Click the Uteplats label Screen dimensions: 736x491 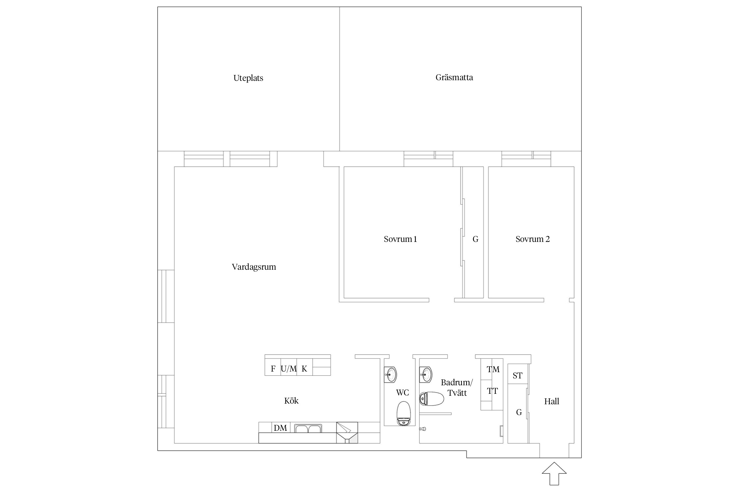pos(248,78)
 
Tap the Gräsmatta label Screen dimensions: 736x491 pos(454,78)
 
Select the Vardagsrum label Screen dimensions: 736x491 pos(254,267)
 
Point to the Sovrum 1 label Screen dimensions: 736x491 pos(400,239)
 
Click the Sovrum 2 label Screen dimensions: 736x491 pos(533,239)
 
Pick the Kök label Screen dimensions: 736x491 pos(291,401)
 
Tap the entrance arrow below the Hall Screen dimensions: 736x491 pos(554,473)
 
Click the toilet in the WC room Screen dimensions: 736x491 pos(404,414)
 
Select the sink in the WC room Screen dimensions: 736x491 pos(391,374)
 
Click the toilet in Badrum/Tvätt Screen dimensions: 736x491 pos(431,399)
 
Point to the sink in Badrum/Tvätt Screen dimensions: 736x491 pos(426,374)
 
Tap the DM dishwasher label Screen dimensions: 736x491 pos(280,428)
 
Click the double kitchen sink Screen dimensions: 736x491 pos(308,428)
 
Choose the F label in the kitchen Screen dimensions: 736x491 pos(273,369)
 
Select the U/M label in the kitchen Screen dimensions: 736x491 pos(289,369)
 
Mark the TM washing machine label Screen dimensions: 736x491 pos(493,370)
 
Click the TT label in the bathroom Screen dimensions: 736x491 pos(492,391)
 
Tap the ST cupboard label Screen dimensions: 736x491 pos(517,375)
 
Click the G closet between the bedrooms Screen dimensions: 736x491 pos(475,239)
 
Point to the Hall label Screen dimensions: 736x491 pos(552,401)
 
